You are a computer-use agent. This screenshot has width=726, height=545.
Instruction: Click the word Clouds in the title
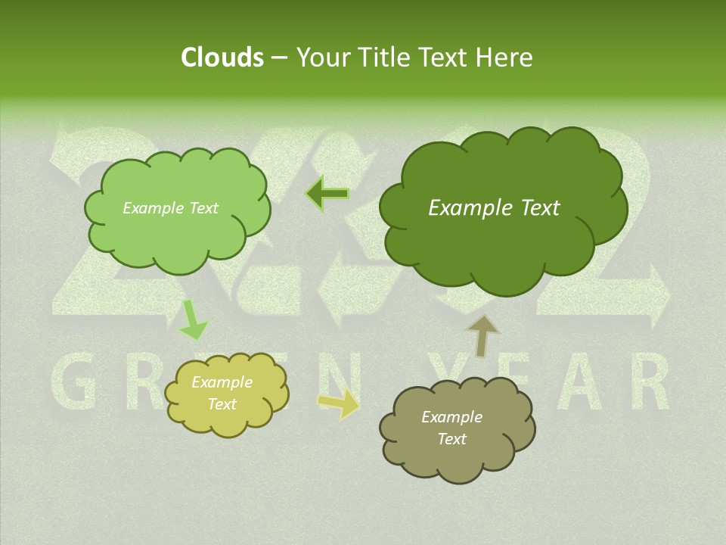tap(222, 58)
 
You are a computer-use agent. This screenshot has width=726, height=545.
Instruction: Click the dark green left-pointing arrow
tap(327, 194)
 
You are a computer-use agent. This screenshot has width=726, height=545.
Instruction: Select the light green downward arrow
tap(194, 321)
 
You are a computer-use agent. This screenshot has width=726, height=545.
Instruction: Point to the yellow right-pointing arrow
tap(340, 403)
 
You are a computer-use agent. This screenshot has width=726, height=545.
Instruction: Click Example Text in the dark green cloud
tap(494, 208)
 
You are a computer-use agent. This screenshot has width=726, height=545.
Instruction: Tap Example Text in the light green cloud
tap(170, 208)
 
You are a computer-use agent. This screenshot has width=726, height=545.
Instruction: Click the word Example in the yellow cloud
tap(222, 382)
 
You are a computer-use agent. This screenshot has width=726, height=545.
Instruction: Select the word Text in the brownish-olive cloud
tap(451, 439)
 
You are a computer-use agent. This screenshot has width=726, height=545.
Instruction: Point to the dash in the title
tap(279, 58)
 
